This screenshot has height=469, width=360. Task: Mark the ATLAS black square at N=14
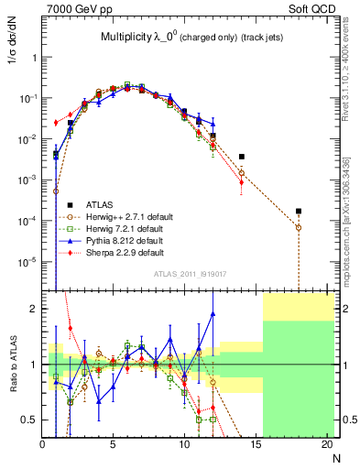[x=241, y=157]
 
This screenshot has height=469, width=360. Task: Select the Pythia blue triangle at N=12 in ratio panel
[x=213, y=313]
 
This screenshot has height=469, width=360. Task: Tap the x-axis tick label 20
[x=326, y=445]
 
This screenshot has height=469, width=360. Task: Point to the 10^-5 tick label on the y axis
[x=27, y=262]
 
